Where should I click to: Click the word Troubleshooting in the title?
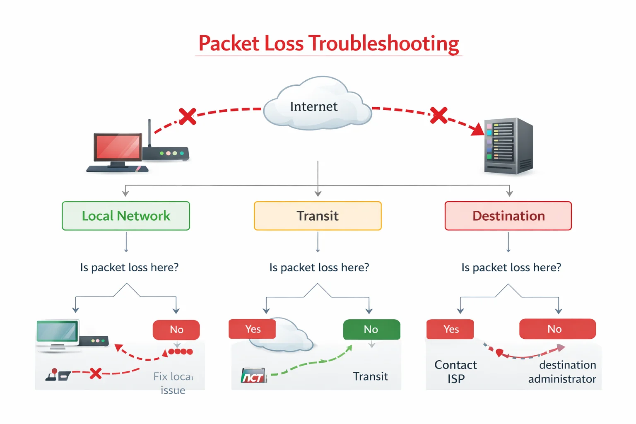click(x=384, y=43)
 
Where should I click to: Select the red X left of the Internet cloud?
click(x=188, y=116)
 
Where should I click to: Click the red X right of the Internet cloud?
click(x=438, y=115)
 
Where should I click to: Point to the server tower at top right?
click(x=508, y=145)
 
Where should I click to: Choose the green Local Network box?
click(x=126, y=216)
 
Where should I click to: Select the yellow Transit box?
click(x=318, y=216)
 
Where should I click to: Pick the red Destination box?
click(x=508, y=216)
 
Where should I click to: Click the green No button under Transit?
click(x=371, y=329)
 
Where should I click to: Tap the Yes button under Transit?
click(x=252, y=329)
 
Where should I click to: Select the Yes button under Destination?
click(x=450, y=329)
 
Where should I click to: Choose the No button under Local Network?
click(x=176, y=330)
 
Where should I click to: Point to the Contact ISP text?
click(x=455, y=371)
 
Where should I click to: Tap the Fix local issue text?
click(x=173, y=383)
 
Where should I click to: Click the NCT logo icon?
click(x=253, y=376)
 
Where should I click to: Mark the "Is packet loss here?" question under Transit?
click(x=319, y=267)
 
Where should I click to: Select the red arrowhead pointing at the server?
click(x=478, y=130)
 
